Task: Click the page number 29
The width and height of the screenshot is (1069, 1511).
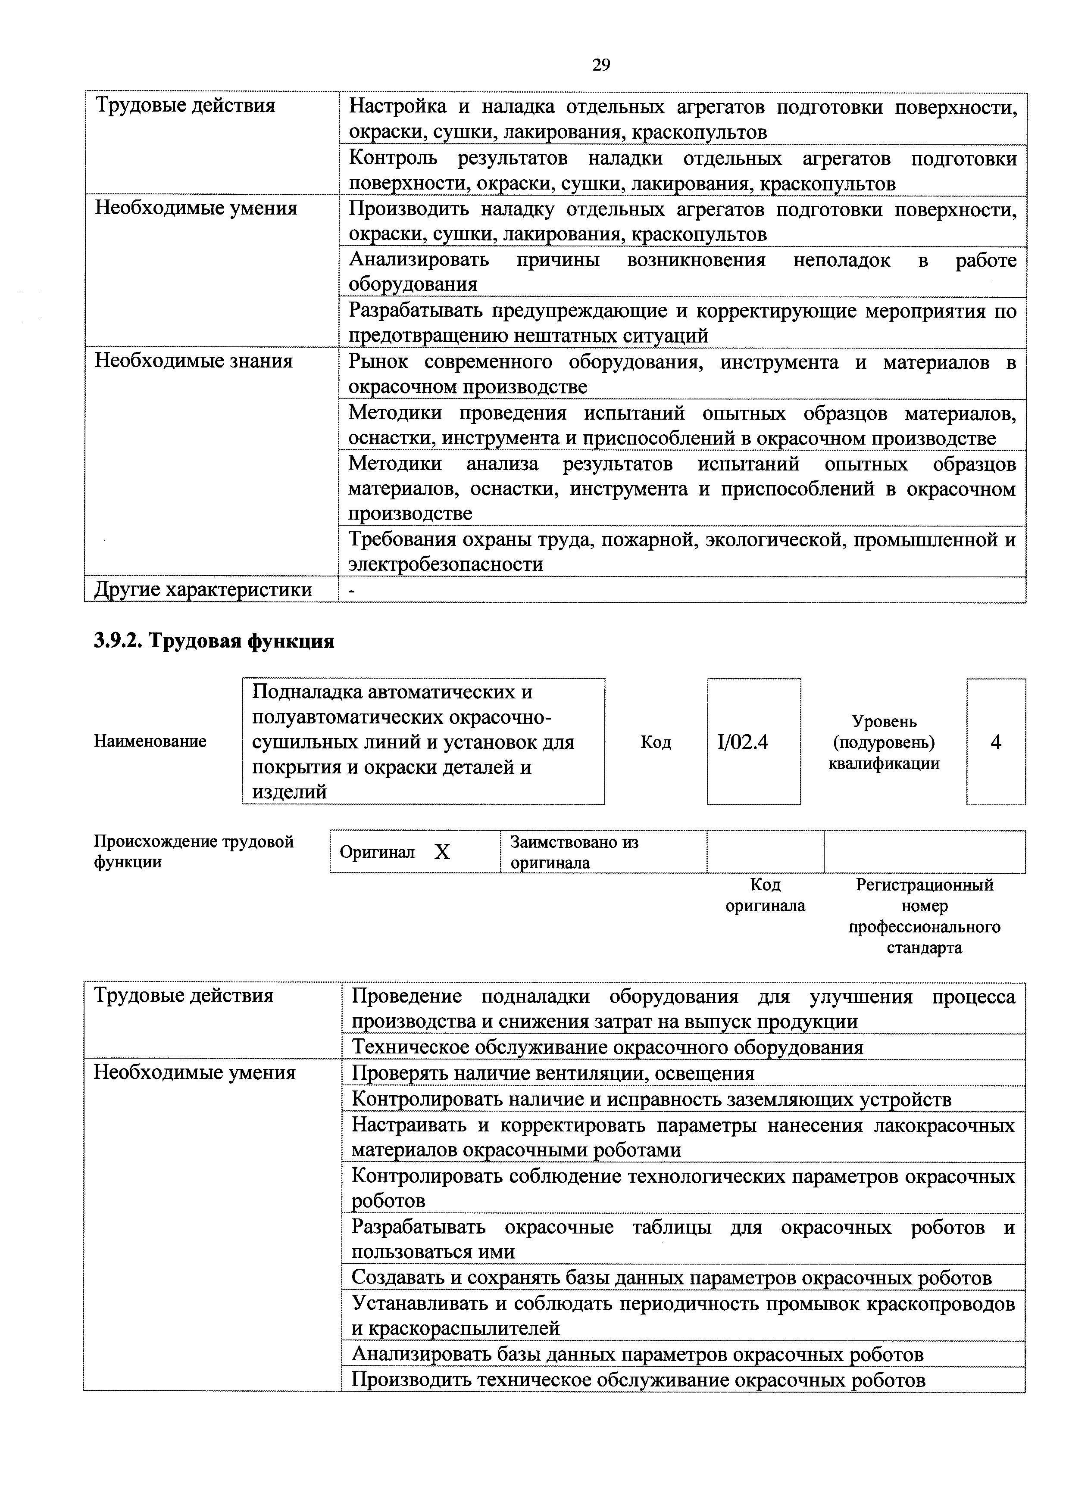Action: pyautogui.click(x=600, y=65)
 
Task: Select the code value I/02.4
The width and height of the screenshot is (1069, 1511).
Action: pyautogui.click(x=743, y=742)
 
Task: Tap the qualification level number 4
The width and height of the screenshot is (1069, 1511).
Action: pyautogui.click(x=995, y=742)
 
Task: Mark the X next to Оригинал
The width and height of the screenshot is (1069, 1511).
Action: pyautogui.click(x=442, y=852)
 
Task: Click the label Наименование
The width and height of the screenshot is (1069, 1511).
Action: pyautogui.click(x=150, y=741)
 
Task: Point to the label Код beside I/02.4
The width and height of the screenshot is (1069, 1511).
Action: pyautogui.click(x=656, y=742)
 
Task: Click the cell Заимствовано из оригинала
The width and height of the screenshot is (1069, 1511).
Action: pyautogui.click(x=574, y=852)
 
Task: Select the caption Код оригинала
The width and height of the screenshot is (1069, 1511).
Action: pyautogui.click(x=765, y=895)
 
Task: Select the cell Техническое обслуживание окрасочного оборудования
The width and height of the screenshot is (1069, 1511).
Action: pyautogui.click(x=607, y=1047)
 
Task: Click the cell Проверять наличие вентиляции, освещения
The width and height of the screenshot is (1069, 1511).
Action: pyautogui.click(x=553, y=1073)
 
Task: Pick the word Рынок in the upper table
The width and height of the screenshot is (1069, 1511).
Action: pyautogui.click(x=378, y=362)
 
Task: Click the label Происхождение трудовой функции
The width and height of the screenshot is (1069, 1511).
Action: pyautogui.click(x=194, y=852)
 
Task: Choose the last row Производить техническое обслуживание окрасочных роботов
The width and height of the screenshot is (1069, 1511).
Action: pyautogui.click(x=638, y=1380)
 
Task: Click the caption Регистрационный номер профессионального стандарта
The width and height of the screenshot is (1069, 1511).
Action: pyautogui.click(x=924, y=916)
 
